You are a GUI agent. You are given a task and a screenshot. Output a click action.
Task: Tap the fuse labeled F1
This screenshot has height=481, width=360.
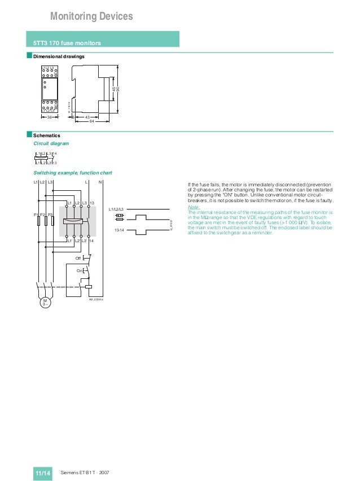pos(38,220)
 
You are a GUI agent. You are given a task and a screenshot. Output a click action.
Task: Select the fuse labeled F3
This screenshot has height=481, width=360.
pos(52,220)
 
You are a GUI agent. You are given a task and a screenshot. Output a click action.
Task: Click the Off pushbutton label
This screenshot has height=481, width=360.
pos(78,258)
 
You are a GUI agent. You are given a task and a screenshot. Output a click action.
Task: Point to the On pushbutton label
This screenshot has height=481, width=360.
pos(79,271)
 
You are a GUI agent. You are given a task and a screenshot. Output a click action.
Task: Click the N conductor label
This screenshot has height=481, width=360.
pos(100,183)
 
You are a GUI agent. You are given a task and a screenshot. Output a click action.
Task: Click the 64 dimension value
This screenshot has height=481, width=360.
pos(91,121)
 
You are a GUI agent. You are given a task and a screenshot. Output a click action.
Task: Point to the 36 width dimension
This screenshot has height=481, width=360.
pos(49,117)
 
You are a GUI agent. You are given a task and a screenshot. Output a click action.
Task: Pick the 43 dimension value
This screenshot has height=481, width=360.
pos(87,117)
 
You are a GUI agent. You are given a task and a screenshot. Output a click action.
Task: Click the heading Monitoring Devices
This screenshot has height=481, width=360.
pos(91,17)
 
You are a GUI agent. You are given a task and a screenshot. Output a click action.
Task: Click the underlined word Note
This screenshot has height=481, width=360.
pos(192,207)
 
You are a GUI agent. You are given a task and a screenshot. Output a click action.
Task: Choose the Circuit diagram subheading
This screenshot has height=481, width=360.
pos(51,144)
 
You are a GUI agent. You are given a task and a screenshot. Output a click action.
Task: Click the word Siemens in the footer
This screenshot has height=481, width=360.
pos(69,471)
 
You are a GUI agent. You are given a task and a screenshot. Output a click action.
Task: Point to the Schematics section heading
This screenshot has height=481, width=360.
pos(47,135)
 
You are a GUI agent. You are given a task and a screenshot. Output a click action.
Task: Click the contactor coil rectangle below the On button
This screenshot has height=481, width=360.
pos(89,287)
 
